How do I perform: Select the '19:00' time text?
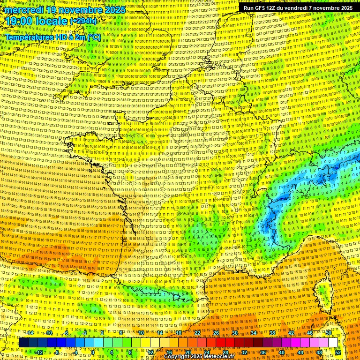coord(19,21)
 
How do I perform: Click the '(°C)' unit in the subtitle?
coord(94,37)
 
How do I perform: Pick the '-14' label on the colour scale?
coord(30,333)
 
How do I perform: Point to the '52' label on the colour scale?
coord(338,352)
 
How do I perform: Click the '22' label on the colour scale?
coord(197,333)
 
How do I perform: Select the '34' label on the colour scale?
coord(253,333)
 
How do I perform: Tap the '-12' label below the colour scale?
coord(39,352)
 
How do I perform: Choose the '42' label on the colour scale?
coord(291,333)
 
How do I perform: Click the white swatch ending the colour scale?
coord(333,343)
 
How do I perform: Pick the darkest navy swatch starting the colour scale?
coord(23,343)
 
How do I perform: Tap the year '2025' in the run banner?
coord(345,8)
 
